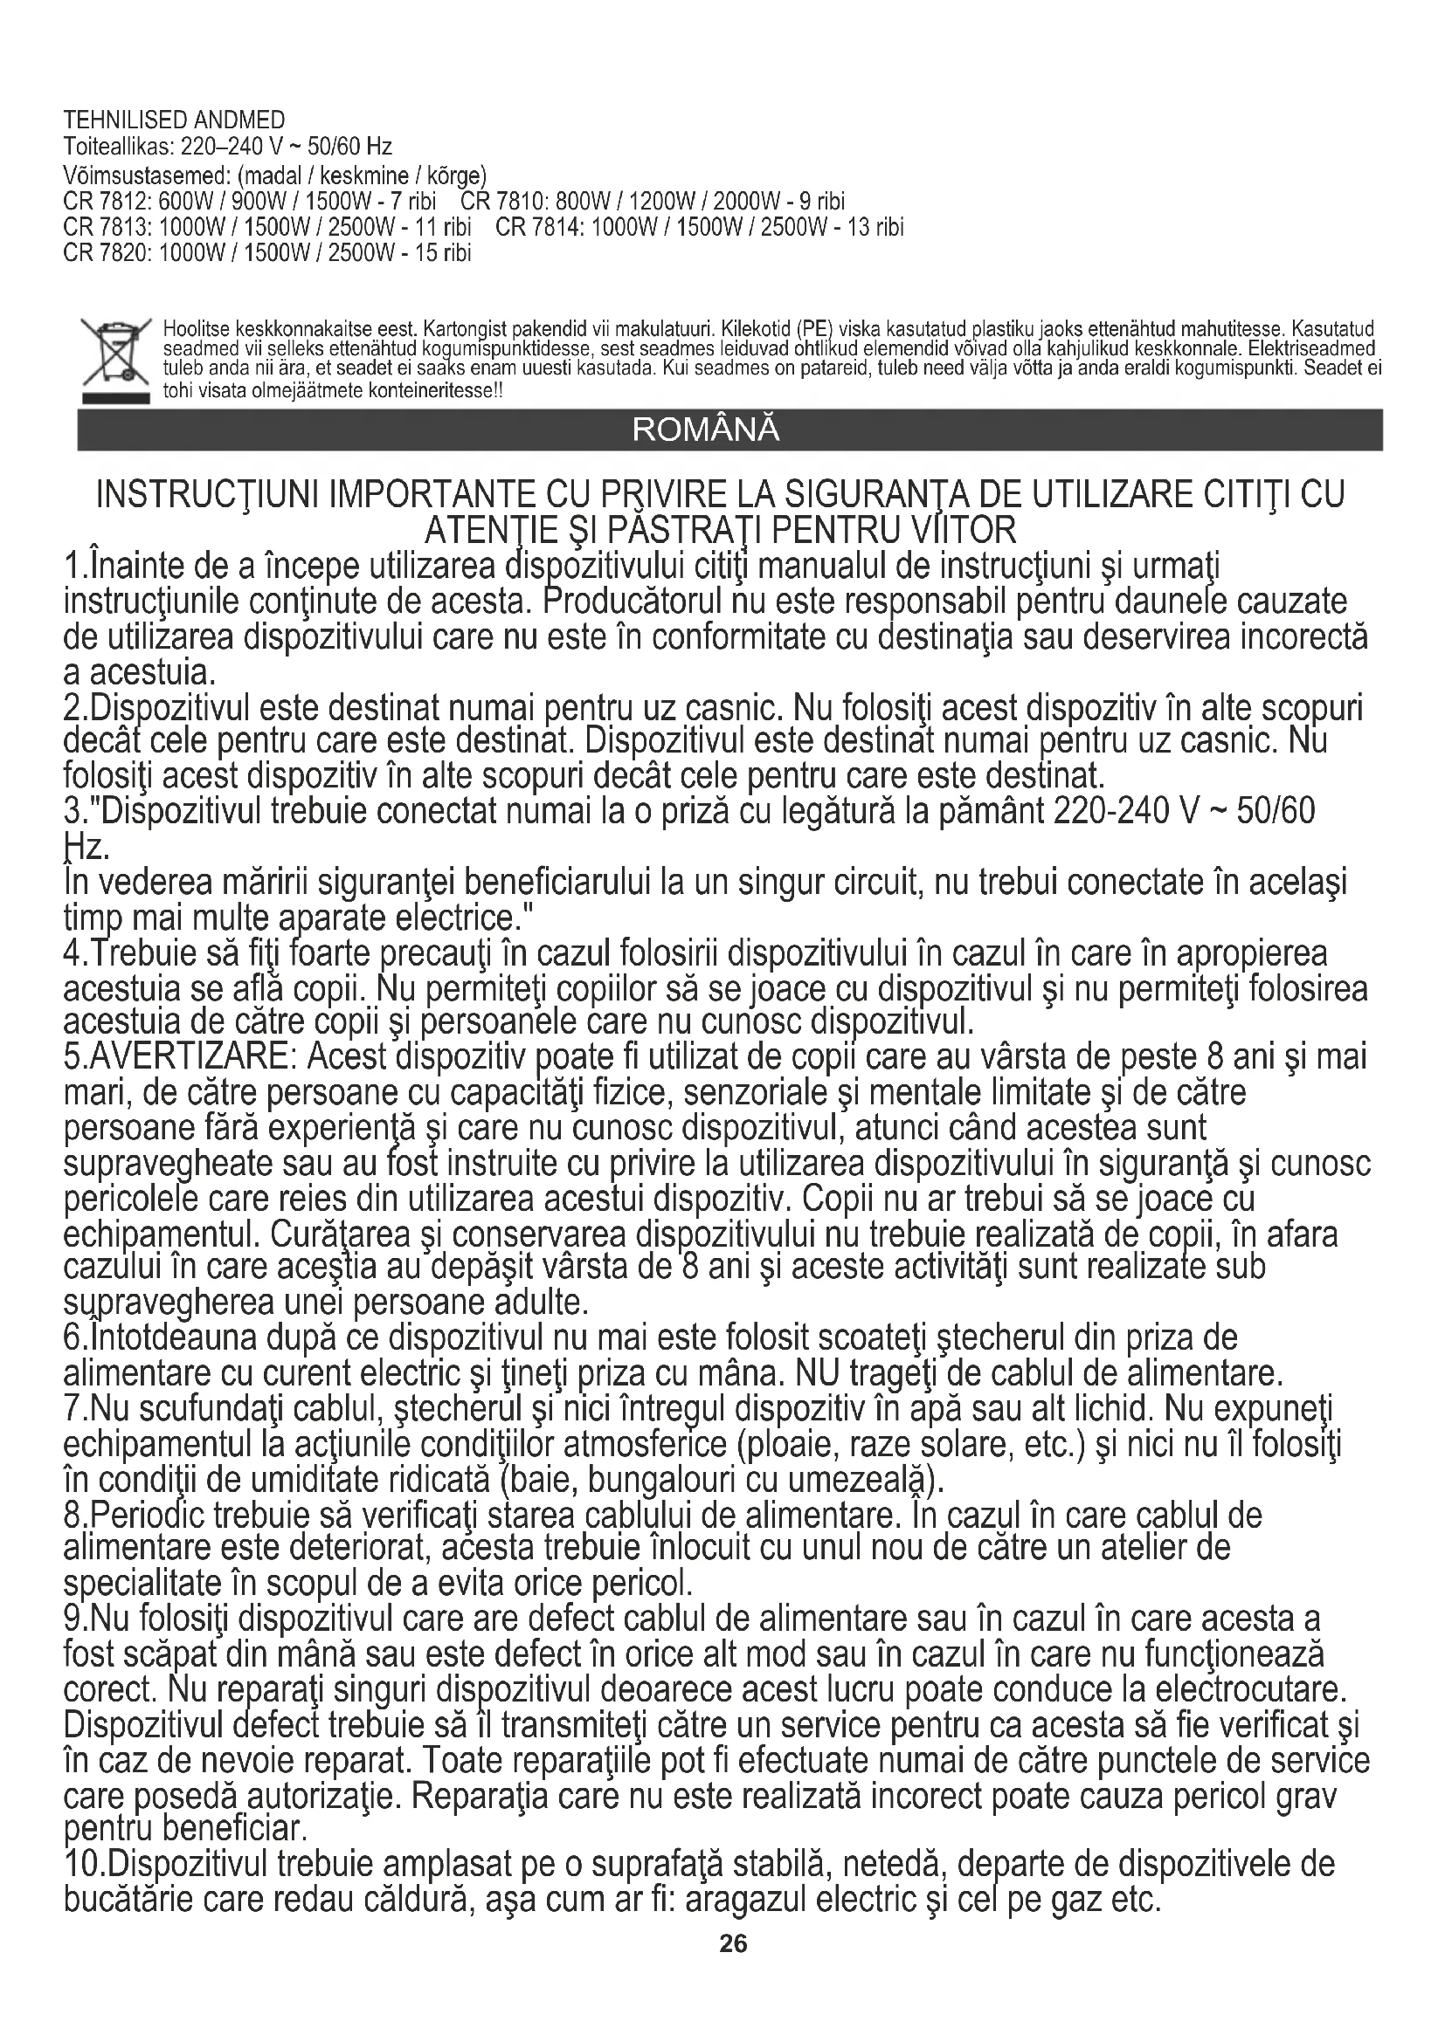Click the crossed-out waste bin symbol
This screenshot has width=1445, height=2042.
click(x=113, y=361)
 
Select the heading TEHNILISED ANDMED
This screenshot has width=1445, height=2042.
click(x=175, y=120)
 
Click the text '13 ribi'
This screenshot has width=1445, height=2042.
click(x=875, y=227)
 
